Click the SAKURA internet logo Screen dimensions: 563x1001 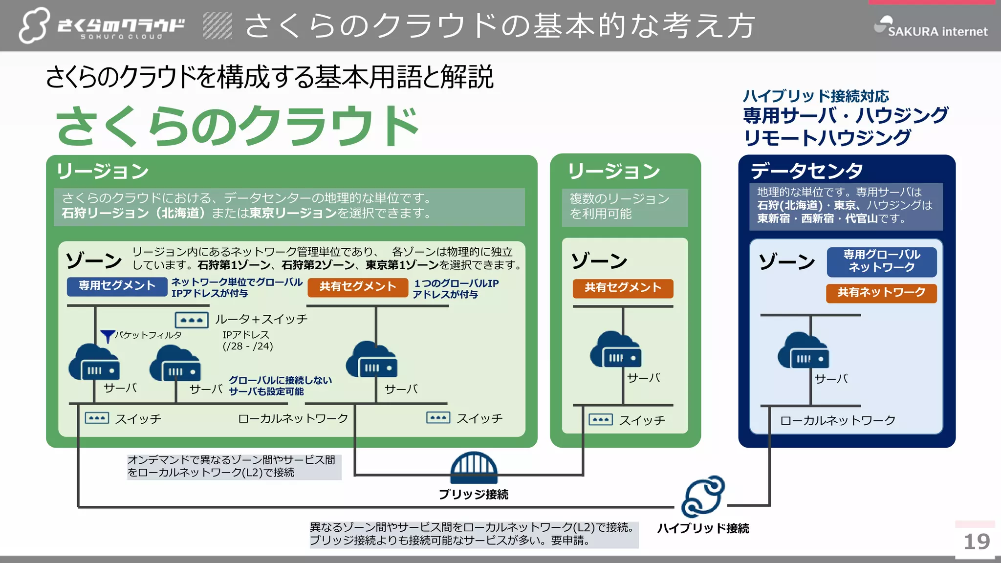pyautogui.click(x=931, y=27)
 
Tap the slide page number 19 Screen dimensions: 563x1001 pyautogui.click(x=976, y=541)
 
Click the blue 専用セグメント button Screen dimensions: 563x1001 pyautogui.click(x=117, y=286)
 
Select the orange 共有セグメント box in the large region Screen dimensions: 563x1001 pyautogui.click(x=357, y=287)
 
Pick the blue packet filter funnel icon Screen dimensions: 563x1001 pyautogui.click(x=107, y=336)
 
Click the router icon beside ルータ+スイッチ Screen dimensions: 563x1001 pyautogui.click(x=192, y=320)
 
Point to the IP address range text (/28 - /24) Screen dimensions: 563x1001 pyautogui.click(x=248, y=346)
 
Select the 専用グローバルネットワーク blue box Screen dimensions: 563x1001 pyautogui.click(x=881, y=261)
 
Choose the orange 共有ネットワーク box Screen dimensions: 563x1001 pyautogui.click(x=881, y=293)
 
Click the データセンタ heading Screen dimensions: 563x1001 pyautogui.click(x=806, y=171)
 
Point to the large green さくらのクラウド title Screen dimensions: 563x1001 pyautogui.click(x=238, y=126)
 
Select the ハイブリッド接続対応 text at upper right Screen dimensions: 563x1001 pyautogui.click(x=815, y=96)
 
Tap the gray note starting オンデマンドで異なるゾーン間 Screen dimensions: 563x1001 pyautogui.click(x=234, y=466)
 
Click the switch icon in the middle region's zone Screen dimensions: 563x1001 pyautogui.click(x=600, y=420)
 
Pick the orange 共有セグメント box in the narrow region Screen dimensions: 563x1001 pyautogui.click(x=623, y=288)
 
